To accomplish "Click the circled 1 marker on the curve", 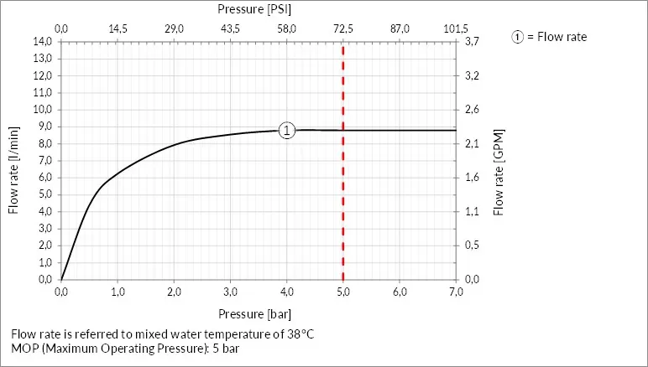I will pos(287,130).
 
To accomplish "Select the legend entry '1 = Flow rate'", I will pos(550,37).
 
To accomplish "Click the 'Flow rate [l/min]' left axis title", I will pos(13,170).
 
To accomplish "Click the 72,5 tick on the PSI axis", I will pos(343,28).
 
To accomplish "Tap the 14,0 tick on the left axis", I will pos(43,41).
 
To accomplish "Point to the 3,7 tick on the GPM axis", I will pos(472,41).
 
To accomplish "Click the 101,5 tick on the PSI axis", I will pos(455,28).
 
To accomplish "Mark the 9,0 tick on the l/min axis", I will pos(43,127).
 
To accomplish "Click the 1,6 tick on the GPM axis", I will pos(472,178).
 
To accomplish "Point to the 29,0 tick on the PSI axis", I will pos(174,28).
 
